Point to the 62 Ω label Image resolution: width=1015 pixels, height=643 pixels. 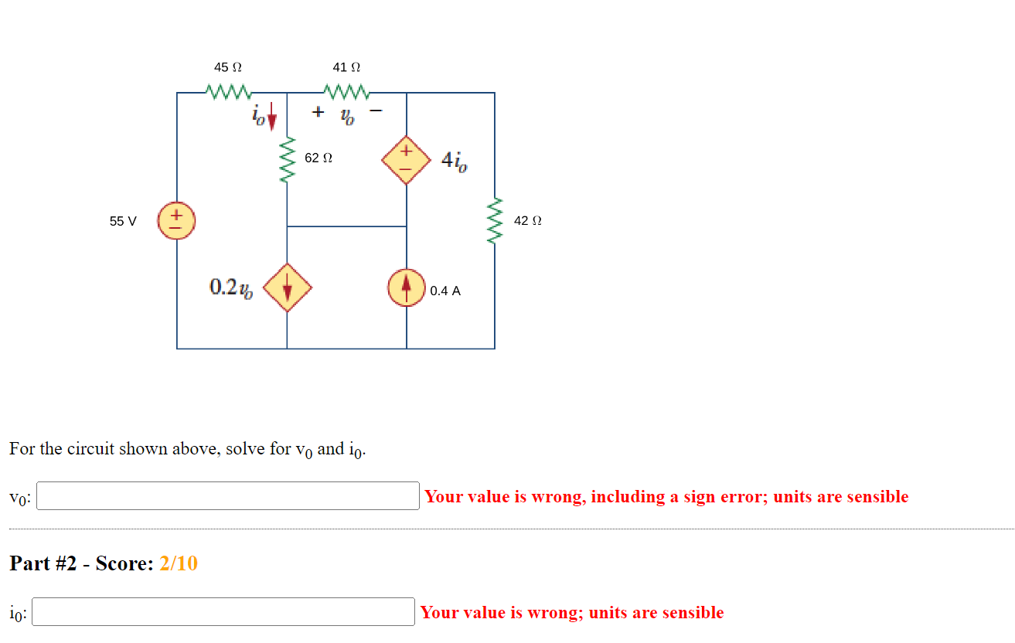coord(318,158)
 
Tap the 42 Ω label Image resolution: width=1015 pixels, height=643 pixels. coord(527,221)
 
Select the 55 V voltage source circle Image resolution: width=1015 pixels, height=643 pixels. coord(176,220)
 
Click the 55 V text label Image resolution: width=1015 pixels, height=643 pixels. coord(123,221)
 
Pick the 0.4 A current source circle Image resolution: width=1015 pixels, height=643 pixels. coord(407,288)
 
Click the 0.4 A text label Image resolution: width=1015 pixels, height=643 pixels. coord(445,291)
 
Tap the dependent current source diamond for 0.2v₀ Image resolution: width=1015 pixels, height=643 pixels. coord(288,288)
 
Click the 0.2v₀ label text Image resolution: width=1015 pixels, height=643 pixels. coord(230,288)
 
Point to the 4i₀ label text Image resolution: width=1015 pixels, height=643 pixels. coord(454,162)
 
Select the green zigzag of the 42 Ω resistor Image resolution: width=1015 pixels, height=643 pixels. coord(495,220)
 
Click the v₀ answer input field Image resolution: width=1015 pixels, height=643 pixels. coord(228,496)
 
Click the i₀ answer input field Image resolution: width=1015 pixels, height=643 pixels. coord(223,612)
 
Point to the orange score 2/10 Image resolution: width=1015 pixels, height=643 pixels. coord(179,563)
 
